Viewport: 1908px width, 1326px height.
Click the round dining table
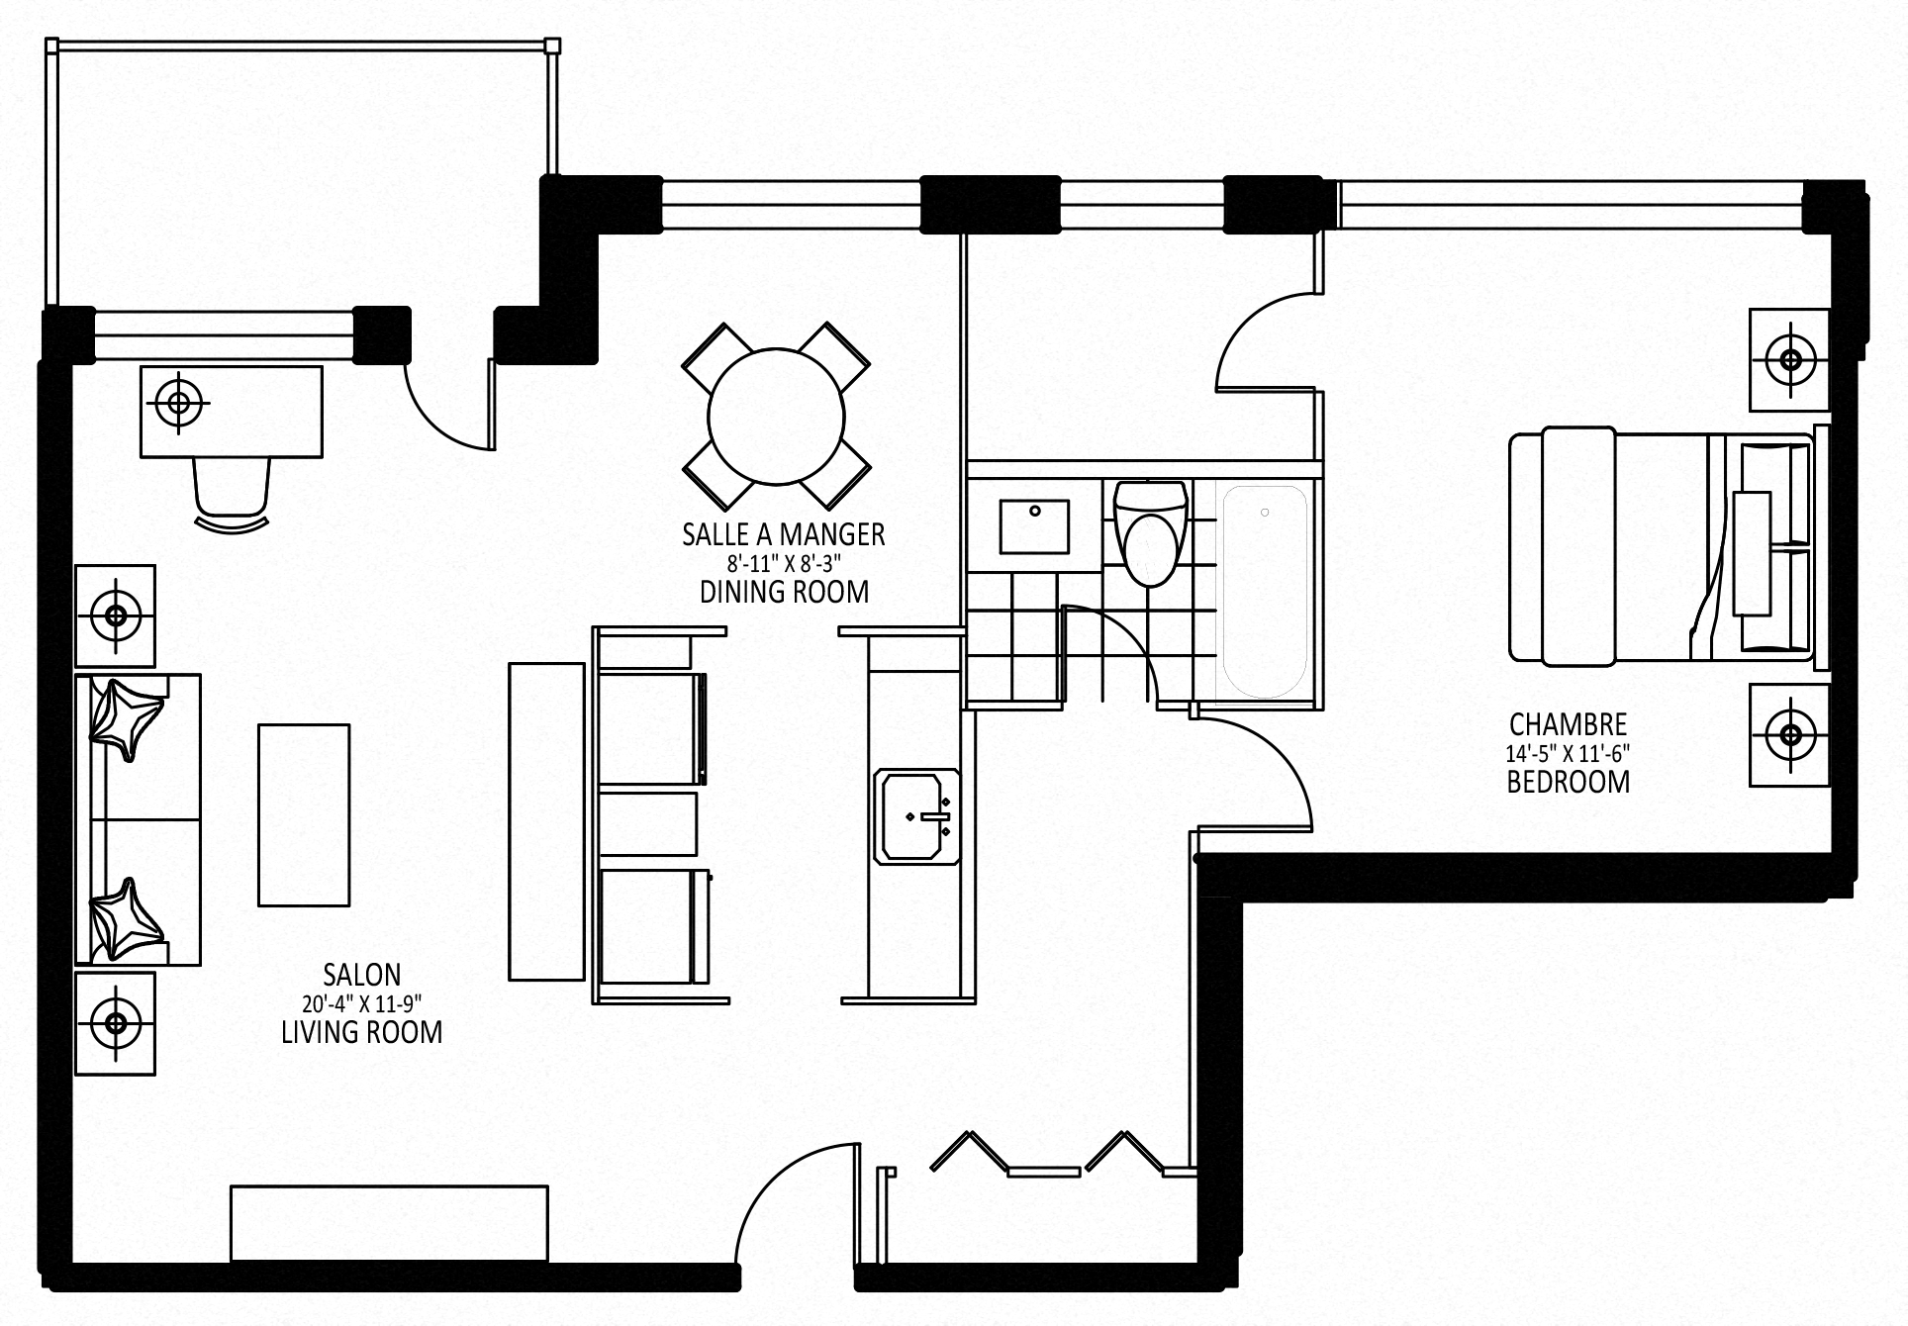(777, 417)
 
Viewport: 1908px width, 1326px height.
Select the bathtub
(1265, 591)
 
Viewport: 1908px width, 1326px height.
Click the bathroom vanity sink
(1034, 526)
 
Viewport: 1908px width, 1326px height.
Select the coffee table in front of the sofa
(304, 815)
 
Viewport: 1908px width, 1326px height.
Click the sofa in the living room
(139, 819)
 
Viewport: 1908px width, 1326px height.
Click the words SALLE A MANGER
(783, 535)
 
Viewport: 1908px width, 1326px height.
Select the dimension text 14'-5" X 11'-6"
(1568, 753)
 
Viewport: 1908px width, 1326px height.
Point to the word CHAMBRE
(1568, 723)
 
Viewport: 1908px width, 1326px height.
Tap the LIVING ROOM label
(361, 1032)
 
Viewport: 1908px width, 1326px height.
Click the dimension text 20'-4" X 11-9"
(361, 1003)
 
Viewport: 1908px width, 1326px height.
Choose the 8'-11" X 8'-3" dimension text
(784, 564)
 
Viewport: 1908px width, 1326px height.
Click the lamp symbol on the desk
(179, 403)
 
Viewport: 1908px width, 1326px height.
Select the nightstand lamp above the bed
(1789, 359)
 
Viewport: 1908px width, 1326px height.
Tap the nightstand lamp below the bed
(1789, 735)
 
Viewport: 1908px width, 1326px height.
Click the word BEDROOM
(1568, 782)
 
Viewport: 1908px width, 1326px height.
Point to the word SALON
(361, 975)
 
